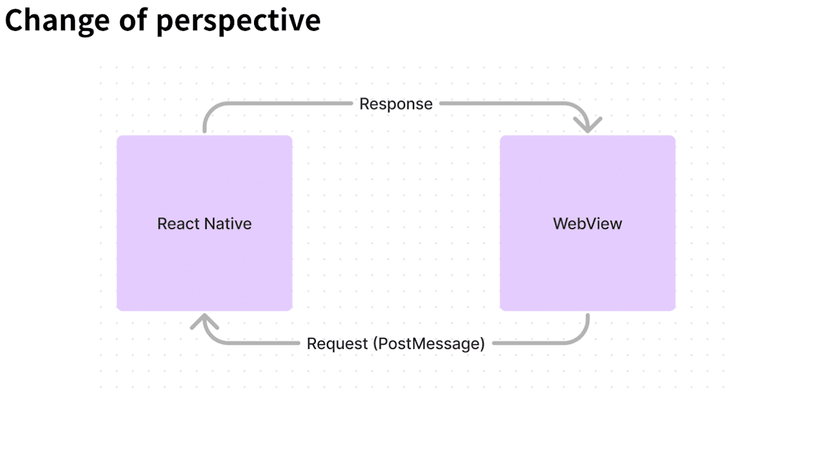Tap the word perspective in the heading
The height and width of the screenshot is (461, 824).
(239, 21)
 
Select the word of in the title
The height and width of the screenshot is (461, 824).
(133, 19)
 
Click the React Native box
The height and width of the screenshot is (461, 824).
(205, 223)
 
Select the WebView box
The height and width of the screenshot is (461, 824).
(588, 223)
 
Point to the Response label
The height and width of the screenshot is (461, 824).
(396, 104)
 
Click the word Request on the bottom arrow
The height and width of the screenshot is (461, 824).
(337, 344)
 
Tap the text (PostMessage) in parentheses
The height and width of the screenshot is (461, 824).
(429, 344)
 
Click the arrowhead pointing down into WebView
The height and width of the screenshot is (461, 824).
(588, 125)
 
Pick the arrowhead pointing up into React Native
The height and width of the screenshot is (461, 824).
(205, 322)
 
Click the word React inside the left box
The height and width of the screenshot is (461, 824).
(179, 224)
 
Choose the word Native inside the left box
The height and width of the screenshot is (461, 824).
(228, 224)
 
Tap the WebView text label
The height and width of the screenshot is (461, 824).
(588, 224)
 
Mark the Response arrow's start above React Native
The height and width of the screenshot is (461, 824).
(205, 131)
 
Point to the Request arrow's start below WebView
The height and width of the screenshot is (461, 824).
(588, 315)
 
